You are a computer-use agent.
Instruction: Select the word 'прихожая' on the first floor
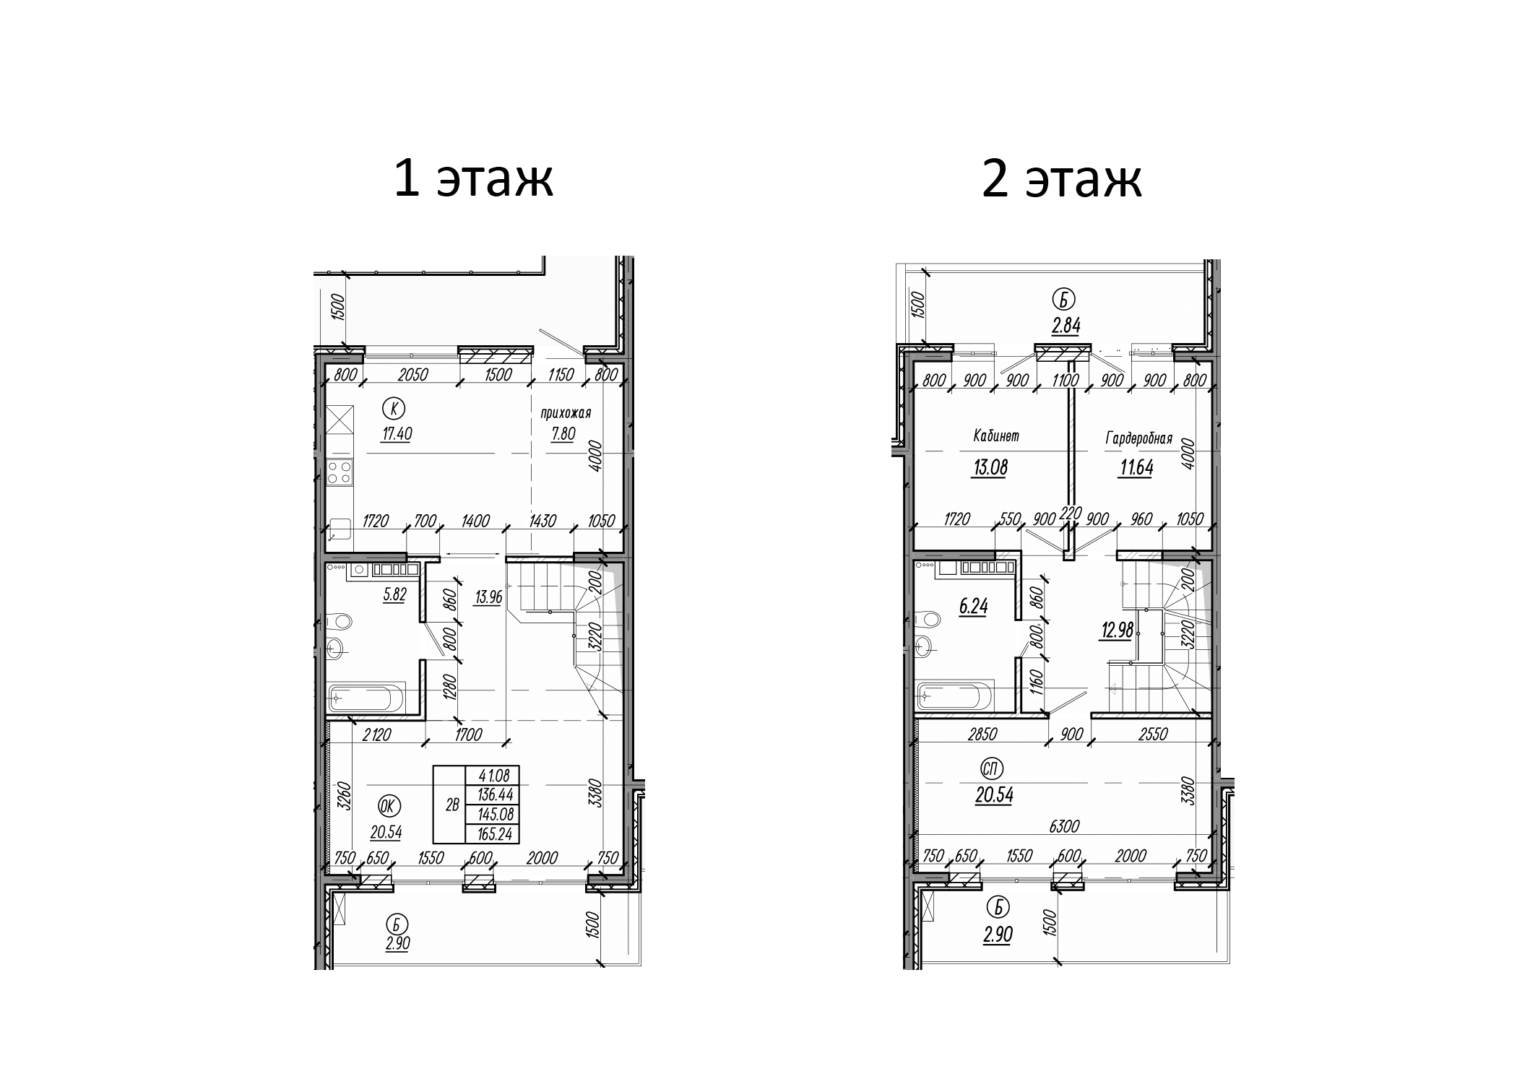point(566,413)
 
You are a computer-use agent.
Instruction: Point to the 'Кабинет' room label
point(996,435)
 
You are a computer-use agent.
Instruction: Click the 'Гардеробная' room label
point(1138,438)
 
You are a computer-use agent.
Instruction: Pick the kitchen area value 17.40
point(397,434)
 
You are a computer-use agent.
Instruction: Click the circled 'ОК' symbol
point(389,807)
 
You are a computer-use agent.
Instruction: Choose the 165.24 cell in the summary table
point(493,833)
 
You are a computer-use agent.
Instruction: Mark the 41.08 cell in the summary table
point(493,776)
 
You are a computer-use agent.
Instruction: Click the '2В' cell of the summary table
point(452,805)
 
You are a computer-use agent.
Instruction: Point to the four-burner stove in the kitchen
point(340,472)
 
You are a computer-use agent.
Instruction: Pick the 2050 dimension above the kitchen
point(413,375)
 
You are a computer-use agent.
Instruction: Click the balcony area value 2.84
point(1066,326)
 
